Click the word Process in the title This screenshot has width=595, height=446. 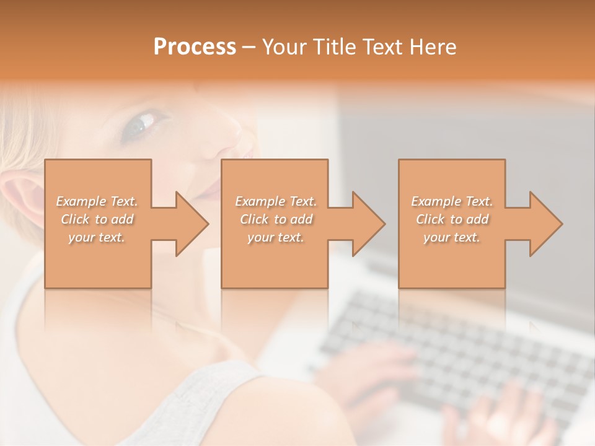(x=195, y=46)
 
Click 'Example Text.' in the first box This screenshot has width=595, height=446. (x=97, y=201)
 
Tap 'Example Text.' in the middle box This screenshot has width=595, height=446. (x=276, y=201)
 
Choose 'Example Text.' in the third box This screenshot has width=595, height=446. (x=452, y=201)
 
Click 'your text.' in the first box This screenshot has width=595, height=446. (x=97, y=238)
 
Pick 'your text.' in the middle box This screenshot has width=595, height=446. (x=276, y=238)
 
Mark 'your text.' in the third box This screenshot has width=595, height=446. (x=452, y=238)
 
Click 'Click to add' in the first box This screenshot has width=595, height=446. (x=97, y=219)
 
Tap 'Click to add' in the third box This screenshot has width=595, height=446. (x=452, y=219)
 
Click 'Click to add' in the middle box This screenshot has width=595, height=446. (x=276, y=219)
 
